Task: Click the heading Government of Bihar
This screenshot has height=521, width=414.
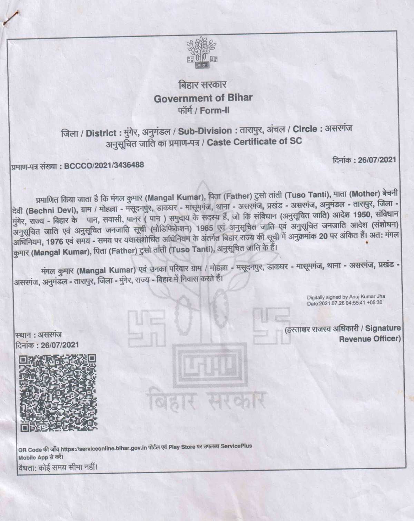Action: pyautogui.click(x=203, y=98)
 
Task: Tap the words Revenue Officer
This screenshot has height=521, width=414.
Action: pyautogui.click(x=369, y=339)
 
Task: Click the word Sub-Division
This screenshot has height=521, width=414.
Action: pyautogui.click(x=205, y=131)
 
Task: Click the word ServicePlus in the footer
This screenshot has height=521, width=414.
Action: pyautogui.click(x=236, y=446)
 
